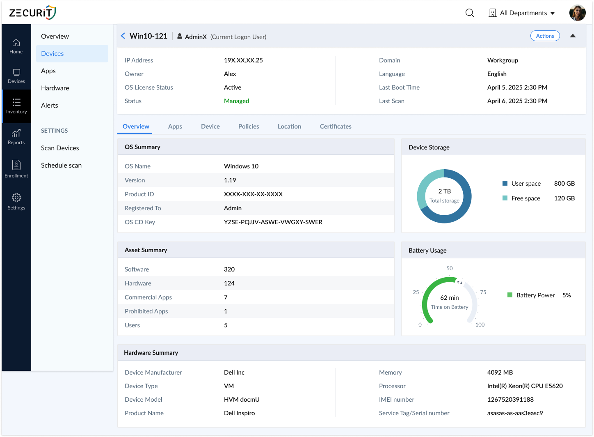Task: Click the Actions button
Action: click(x=545, y=36)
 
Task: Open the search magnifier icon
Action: click(x=470, y=13)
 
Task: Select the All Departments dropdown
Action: click(x=522, y=13)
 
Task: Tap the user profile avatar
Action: click(x=577, y=13)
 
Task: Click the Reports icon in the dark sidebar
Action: click(x=16, y=137)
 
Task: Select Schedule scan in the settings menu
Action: click(x=61, y=165)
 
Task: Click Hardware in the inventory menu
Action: click(x=55, y=88)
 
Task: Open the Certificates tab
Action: click(x=335, y=126)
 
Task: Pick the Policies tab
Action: click(x=249, y=126)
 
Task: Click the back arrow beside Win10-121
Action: click(x=123, y=36)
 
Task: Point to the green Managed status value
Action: click(x=236, y=101)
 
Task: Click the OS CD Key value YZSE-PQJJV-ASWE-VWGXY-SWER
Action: click(x=273, y=222)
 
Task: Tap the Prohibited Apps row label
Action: click(x=146, y=311)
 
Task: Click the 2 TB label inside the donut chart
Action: click(x=444, y=191)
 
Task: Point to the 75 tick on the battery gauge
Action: click(x=483, y=292)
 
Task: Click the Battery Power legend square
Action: click(x=510, y=295)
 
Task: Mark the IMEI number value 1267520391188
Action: click(x=510, y=400)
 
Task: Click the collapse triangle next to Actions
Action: click(x=573, y=36)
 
